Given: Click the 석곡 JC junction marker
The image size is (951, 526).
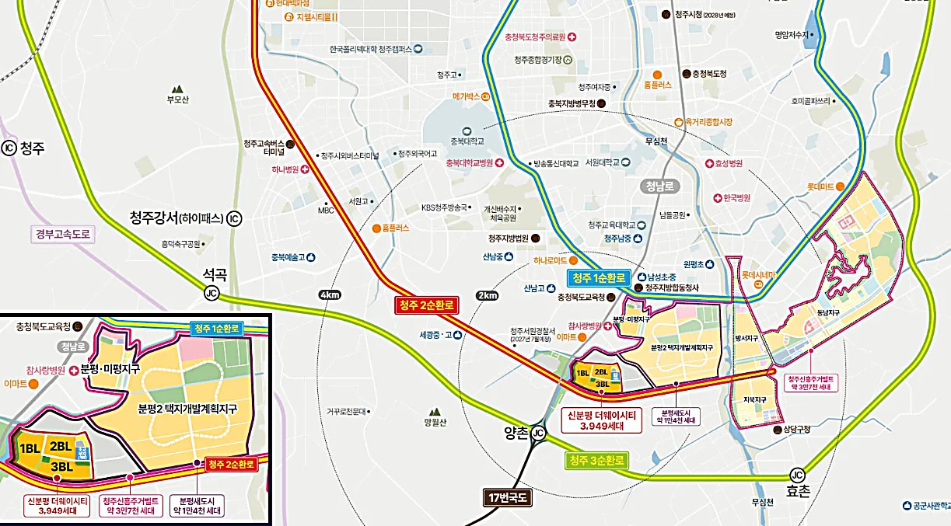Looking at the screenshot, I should (212, 293).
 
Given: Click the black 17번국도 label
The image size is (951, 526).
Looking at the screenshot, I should (506, 497).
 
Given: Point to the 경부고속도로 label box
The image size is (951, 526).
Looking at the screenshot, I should (63, 232).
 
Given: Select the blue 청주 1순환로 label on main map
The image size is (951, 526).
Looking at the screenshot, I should (599, 278).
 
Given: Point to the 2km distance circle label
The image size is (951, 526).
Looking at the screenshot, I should (488, 295).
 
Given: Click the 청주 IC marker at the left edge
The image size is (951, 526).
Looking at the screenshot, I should (9, 148).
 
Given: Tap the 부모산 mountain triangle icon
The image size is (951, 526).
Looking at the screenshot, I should (178, 89).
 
